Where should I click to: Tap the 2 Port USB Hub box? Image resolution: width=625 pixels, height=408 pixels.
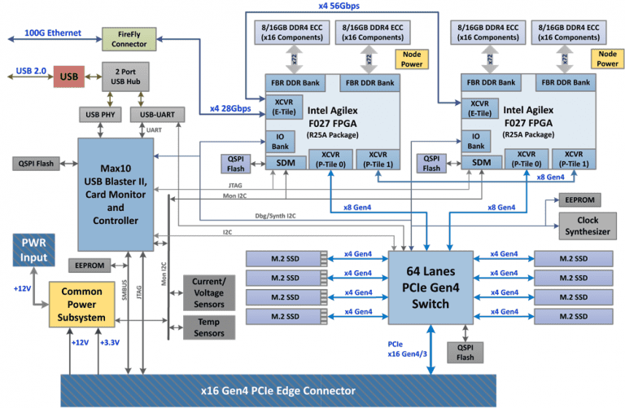124,77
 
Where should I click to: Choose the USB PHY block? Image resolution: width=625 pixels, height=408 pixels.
96,114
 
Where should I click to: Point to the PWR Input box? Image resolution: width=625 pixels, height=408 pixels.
33,251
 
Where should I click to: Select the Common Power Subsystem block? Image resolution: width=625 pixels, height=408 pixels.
85,303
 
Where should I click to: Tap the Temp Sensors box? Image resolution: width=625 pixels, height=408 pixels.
210,327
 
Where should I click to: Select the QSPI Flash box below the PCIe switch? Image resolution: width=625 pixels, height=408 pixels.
465,351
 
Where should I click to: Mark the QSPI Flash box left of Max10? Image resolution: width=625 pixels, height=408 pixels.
33,163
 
